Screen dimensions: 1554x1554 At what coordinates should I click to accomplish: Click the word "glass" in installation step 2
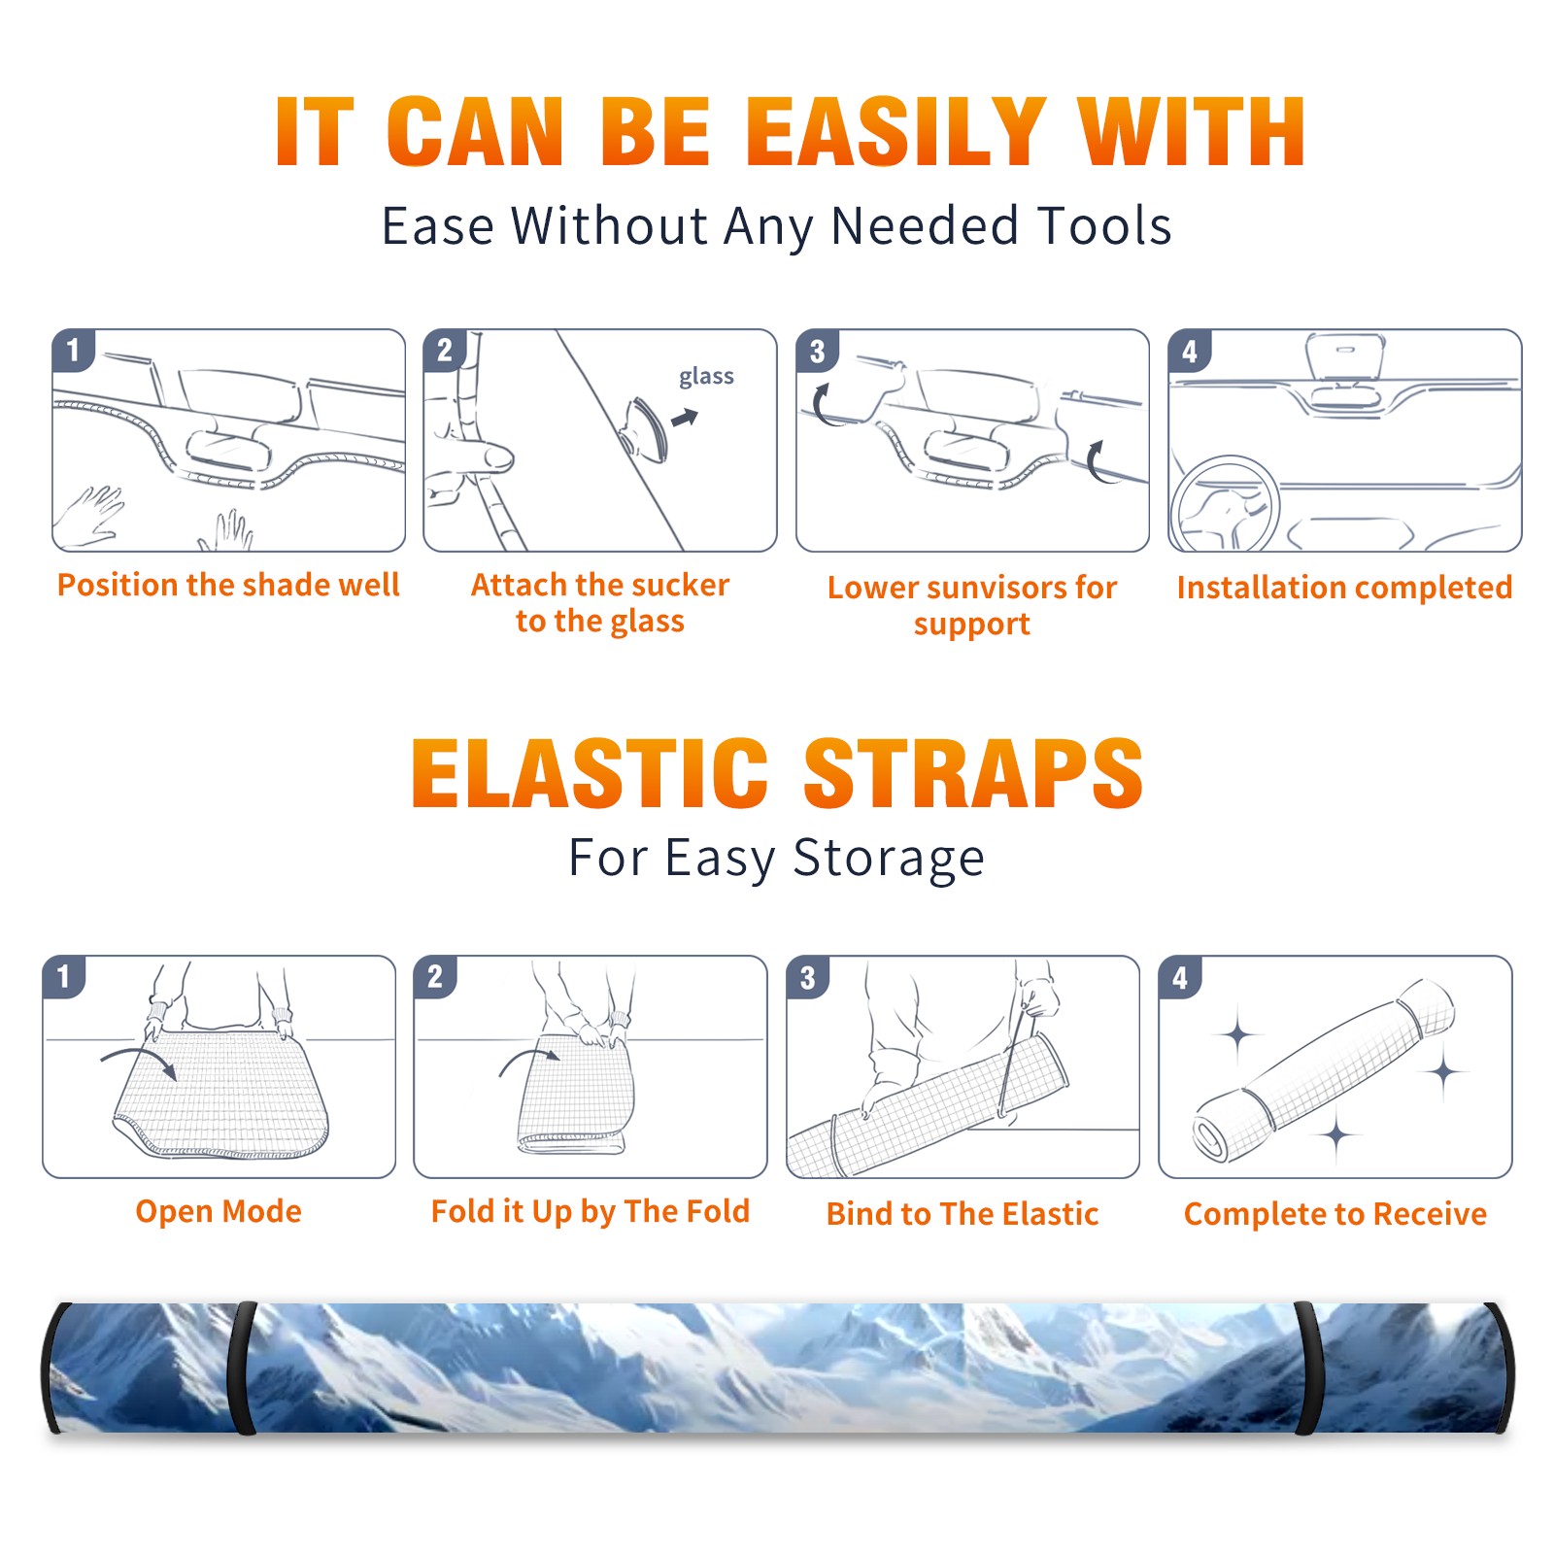tap(706, 377)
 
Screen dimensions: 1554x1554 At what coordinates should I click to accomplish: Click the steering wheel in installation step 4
tap(1225, 504)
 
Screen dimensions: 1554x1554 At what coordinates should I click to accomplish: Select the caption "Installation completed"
tap(1344, 588)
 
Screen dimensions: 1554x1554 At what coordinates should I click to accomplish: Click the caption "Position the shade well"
tap(228, 585)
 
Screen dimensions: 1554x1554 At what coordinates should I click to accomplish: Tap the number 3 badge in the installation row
tap(817, 351)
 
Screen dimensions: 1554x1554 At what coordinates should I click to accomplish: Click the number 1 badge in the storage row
tap(64, 976)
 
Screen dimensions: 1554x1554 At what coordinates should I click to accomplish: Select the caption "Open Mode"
tap(219, 1211)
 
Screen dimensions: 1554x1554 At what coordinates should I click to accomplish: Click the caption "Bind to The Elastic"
tap(963, 1214)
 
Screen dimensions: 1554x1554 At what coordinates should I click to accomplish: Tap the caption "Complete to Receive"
tap(1335, 1214)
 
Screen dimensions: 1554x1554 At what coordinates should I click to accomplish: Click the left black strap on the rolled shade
tap(243, 1368)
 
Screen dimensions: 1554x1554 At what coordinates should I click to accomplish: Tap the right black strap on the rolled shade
tap(1308, 1368)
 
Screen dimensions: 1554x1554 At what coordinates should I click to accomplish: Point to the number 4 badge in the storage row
tap(1180, 976)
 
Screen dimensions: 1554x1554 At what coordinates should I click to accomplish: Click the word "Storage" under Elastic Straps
tap(889, 859)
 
